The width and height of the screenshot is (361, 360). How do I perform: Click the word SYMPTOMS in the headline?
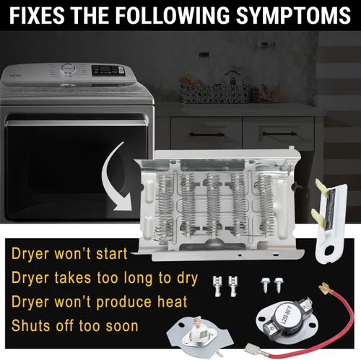pos(293,15)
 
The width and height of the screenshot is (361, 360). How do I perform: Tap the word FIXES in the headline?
pos(37,15)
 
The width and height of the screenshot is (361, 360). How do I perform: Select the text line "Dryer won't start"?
pos(69,254)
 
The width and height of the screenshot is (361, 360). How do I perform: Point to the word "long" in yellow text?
pos(138,278)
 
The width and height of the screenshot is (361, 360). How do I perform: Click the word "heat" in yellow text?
pos(172,302)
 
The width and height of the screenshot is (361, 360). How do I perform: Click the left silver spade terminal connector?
pos(217,286)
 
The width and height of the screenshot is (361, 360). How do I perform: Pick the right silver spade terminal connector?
pos(233,286)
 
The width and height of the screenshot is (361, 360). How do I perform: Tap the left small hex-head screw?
pos(265,285)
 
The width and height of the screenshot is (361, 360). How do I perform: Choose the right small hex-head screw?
pos(279,285)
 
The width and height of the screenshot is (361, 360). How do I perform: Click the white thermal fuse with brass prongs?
pos(330,221)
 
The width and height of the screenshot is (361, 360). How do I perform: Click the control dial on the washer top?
pos(68,69)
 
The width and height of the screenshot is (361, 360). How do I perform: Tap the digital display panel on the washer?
pos(108,71)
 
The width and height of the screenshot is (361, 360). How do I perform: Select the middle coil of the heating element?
pos(212,204)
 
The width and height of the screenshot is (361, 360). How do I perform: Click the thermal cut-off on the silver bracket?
pos(199,335)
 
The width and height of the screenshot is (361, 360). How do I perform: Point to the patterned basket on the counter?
pos(214,93)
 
